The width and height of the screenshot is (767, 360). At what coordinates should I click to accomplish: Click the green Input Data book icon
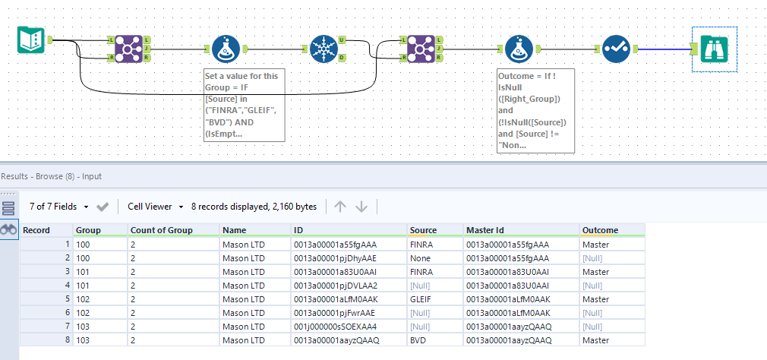pyautogui.click(x=31, y=40)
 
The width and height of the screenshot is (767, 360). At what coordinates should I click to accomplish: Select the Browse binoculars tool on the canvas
pyautogui.click(x=714, y=49)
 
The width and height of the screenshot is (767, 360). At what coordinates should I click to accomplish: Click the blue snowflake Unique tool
pyautogui.click(x=324, y=49)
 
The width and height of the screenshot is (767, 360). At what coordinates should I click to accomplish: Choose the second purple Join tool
pyautogui.click(x=419, y=49)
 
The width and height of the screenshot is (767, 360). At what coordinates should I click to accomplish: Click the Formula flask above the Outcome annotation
pyautogui.click(x=519, y=49)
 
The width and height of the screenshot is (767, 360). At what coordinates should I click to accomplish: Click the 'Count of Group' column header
pyautogui.click(x=162, y=230)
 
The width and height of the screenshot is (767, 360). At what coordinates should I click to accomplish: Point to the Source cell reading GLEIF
pyautogui.click(x=422, y=299)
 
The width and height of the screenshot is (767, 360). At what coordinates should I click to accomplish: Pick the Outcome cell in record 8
pyautogui.click(x=595, y=340)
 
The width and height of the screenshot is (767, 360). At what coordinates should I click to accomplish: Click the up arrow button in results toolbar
pyautogui.click(x=340, y=206)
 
